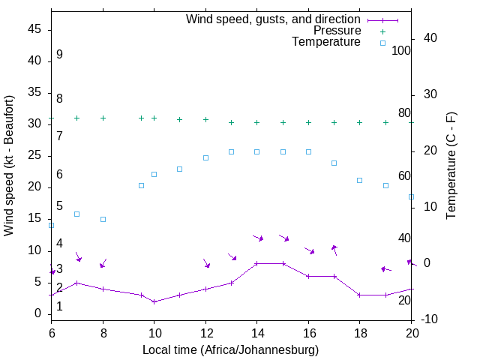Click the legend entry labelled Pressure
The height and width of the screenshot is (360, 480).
(x=337, y=31)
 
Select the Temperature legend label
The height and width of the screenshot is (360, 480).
(x=326, y=42)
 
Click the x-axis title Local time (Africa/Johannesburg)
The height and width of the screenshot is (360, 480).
(x=231, y=350)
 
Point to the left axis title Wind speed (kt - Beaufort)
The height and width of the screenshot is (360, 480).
(x=10, y=166)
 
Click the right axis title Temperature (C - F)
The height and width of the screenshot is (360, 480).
(x=451, y=165)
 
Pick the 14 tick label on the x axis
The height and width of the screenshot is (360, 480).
(x=256, y=334)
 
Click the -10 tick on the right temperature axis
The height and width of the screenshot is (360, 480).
(x=430, y=320)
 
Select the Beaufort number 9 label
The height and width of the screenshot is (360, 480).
(x=59, y=55)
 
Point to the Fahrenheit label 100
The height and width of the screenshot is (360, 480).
(x=401, y=51)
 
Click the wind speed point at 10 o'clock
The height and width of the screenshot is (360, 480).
(x=154, y=301)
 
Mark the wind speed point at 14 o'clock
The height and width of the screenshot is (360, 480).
(x=256, y=263)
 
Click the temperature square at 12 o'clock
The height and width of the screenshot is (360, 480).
(x=205, y=157)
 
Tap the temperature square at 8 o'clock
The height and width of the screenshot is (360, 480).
(x=103, y=219)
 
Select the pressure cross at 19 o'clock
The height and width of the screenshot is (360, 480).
(x=385, y=122)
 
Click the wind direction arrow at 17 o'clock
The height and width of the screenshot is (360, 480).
(x=334, y=250)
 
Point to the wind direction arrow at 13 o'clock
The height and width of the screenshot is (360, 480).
(x=232, y=256)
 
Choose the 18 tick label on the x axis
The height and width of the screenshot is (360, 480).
(x=359, y=334)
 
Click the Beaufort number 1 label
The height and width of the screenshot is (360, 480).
(x=59, y=306)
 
